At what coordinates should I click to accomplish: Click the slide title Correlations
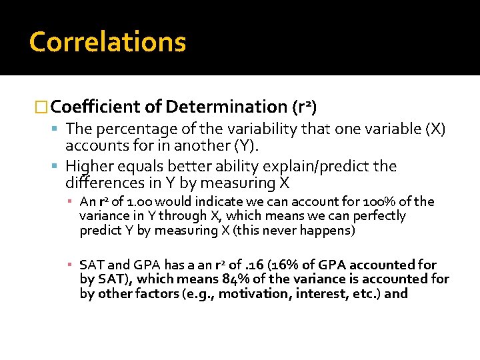click(107, 42)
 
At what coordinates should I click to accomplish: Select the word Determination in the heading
click(227, 107)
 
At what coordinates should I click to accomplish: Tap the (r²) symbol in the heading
click(305, 107)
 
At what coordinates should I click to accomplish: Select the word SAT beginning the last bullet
click(91, 265)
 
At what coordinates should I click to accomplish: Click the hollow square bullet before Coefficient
click(41, 107)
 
